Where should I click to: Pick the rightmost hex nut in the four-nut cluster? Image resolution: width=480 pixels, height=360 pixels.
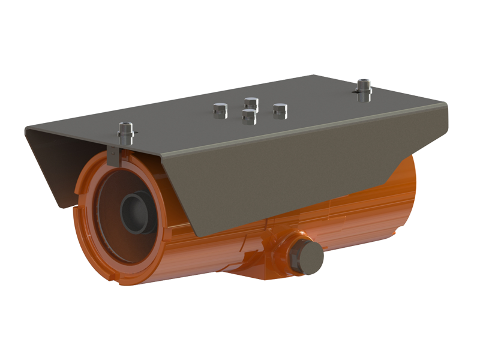(x=279, y=110)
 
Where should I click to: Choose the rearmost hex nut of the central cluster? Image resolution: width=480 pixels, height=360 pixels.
(x=251, y=103)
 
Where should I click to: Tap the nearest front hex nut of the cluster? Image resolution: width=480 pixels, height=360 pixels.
(x=247, y=116)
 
